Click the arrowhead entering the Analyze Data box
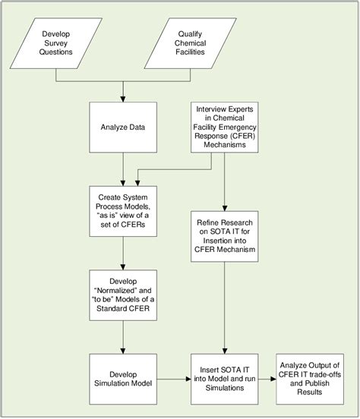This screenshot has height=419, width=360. tap(122, 99)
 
